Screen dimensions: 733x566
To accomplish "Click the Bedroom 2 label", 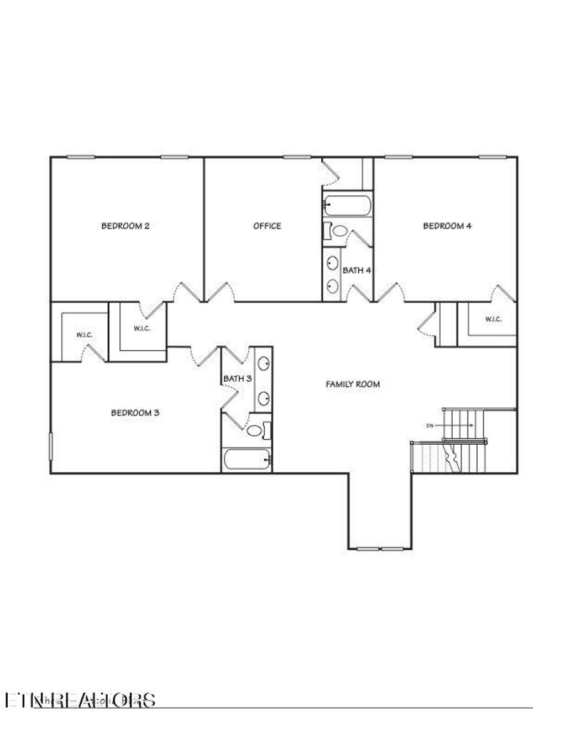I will (125, 226).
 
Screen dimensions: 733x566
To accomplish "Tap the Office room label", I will (267, 226).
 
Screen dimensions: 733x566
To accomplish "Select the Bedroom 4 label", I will (447, 226).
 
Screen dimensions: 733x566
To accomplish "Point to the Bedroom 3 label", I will (135, 413).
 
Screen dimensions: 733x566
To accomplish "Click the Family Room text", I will (353, 384).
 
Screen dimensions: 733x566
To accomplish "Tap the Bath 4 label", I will (357, 271).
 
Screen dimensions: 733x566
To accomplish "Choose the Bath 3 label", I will (238, 378).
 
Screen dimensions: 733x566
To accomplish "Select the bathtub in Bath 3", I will (247, 460).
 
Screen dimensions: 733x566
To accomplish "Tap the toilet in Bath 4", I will (338, 231).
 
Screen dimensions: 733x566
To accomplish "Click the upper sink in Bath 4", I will (333, 263).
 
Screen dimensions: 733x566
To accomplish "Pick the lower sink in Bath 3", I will (264, 397).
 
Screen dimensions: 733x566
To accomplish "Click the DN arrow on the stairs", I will (459, 425).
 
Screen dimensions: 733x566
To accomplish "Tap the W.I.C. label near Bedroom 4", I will (493, 319).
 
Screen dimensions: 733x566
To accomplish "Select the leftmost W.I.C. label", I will (84, 335).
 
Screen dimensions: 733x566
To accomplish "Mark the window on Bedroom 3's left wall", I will (50, 446).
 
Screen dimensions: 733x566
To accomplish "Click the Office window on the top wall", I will (297, 157).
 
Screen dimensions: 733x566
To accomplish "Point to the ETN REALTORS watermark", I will (80, 699).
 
